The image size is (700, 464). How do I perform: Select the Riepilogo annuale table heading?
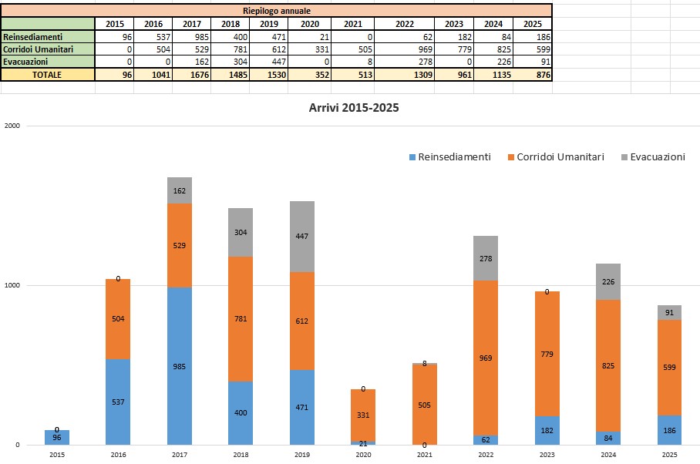coord(277,10)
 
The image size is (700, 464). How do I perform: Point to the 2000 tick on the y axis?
coord(12,126)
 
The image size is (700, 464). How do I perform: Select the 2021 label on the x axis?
coord(425,456)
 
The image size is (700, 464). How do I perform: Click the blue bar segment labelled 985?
coord(180,366)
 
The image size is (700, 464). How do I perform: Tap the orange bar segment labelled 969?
coord(486,358)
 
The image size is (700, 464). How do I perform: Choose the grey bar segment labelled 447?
coord(302,237)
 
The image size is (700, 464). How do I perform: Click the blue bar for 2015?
coord(57,438)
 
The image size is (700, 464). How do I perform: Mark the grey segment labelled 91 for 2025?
coord(670,312)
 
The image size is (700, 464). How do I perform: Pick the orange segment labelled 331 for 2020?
coord(363,415)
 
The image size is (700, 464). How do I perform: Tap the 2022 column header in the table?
coord(405,24)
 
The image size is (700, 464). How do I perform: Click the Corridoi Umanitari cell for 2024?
coord(493,49)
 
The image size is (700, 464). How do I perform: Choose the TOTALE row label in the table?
coord(47,75)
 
